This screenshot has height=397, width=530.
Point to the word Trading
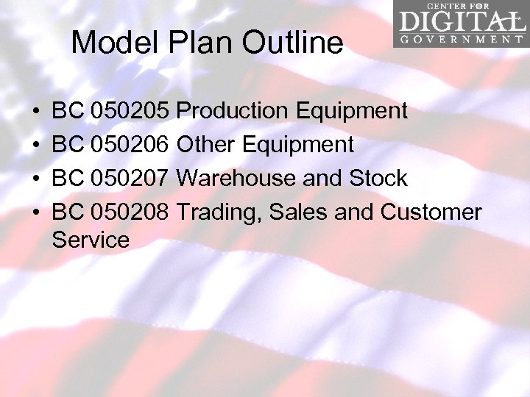(x=220, y=212)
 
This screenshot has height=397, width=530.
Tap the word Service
(x=91, y=240)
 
